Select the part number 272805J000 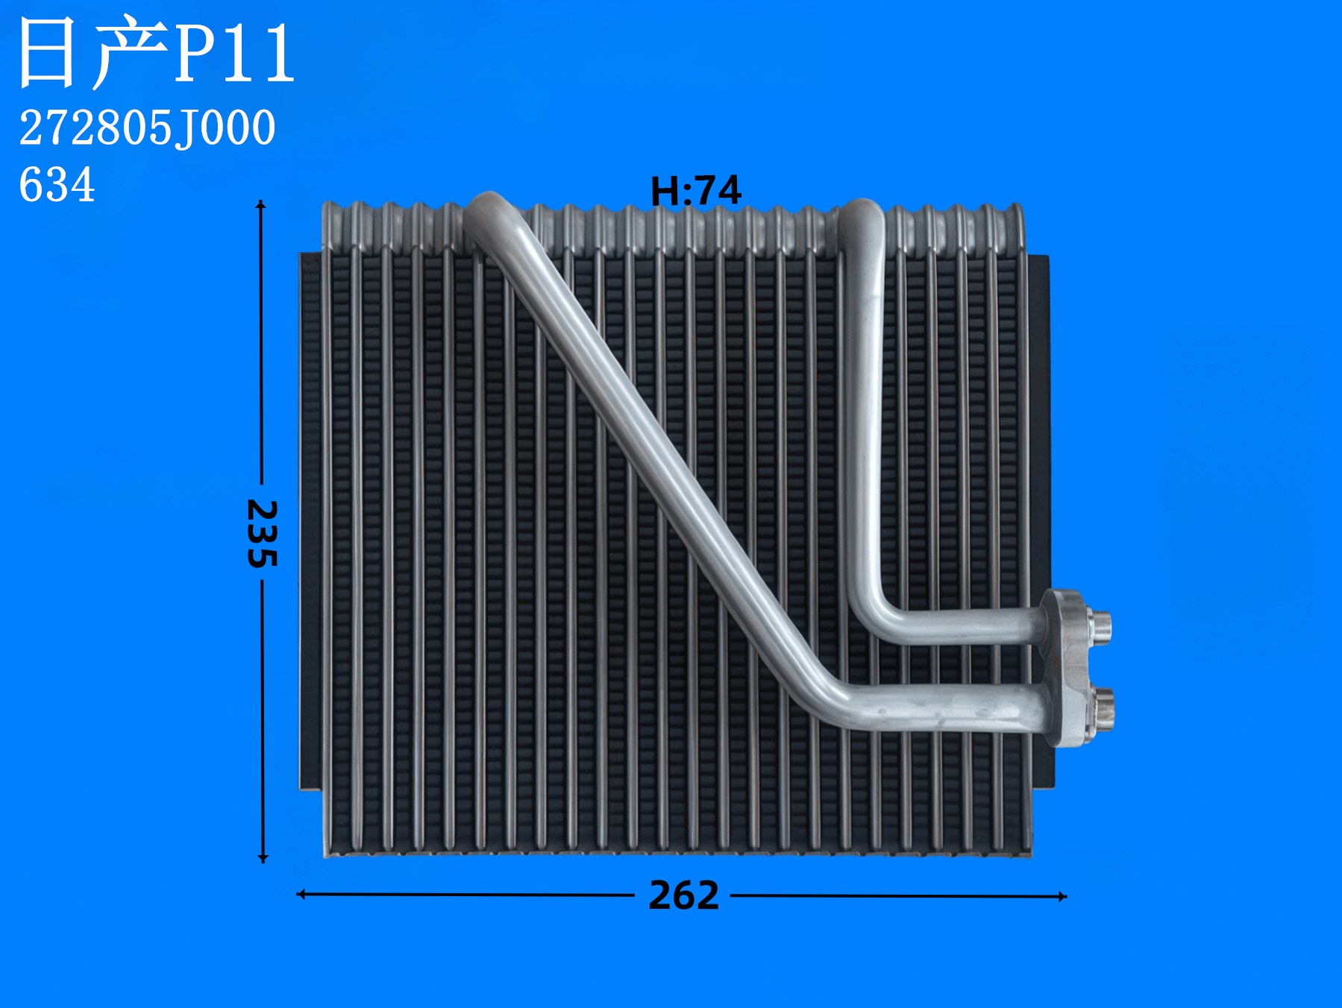click(x=147, y=127)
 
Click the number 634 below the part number click(x=57, y=185)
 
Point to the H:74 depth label click(x=695, y=191)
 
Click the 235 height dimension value click(x=263, y=533)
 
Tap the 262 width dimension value click(x=683, y=895)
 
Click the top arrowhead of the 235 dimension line click(x=260, y=204)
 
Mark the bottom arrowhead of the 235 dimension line click(x=263, y=858)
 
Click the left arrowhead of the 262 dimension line click(x=301, y=893)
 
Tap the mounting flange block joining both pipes click(x=1067, y=667)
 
